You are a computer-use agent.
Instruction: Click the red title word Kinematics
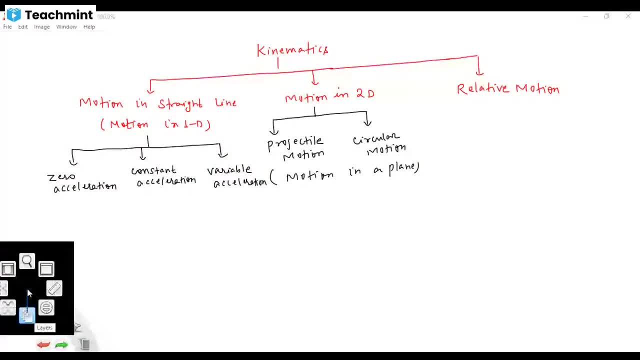click(x=292, y=50)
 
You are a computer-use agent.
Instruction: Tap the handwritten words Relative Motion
click(x=508, y=89)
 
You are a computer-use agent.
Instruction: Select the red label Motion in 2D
click(x=329, y=95)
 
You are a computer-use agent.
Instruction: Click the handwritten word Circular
click(x=376, y=138)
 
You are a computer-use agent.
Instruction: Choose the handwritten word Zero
click(x=61, y=177)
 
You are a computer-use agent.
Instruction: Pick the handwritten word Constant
click(x=153, y=170)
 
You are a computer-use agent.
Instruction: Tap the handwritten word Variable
click(x=229, y=170)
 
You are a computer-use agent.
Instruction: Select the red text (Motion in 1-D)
click(x=155, y=124)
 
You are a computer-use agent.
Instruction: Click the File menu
click(x=7, y=27)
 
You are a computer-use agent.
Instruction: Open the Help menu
click(x=89, y=27)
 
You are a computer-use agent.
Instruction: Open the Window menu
click(x=66, y=27)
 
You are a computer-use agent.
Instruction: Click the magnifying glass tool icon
click(x=27, y=261)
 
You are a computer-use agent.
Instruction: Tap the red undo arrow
click(x=43, y=344)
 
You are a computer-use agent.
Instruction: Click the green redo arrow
click(x=61, y=344)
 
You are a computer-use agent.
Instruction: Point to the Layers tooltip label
click(x=44, y=327)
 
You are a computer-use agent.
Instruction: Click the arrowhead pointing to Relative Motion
click(x=478, y=72)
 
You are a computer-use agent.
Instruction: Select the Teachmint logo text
click(x=58, y=15)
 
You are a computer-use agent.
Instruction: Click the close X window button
click(x=628, y=16)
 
